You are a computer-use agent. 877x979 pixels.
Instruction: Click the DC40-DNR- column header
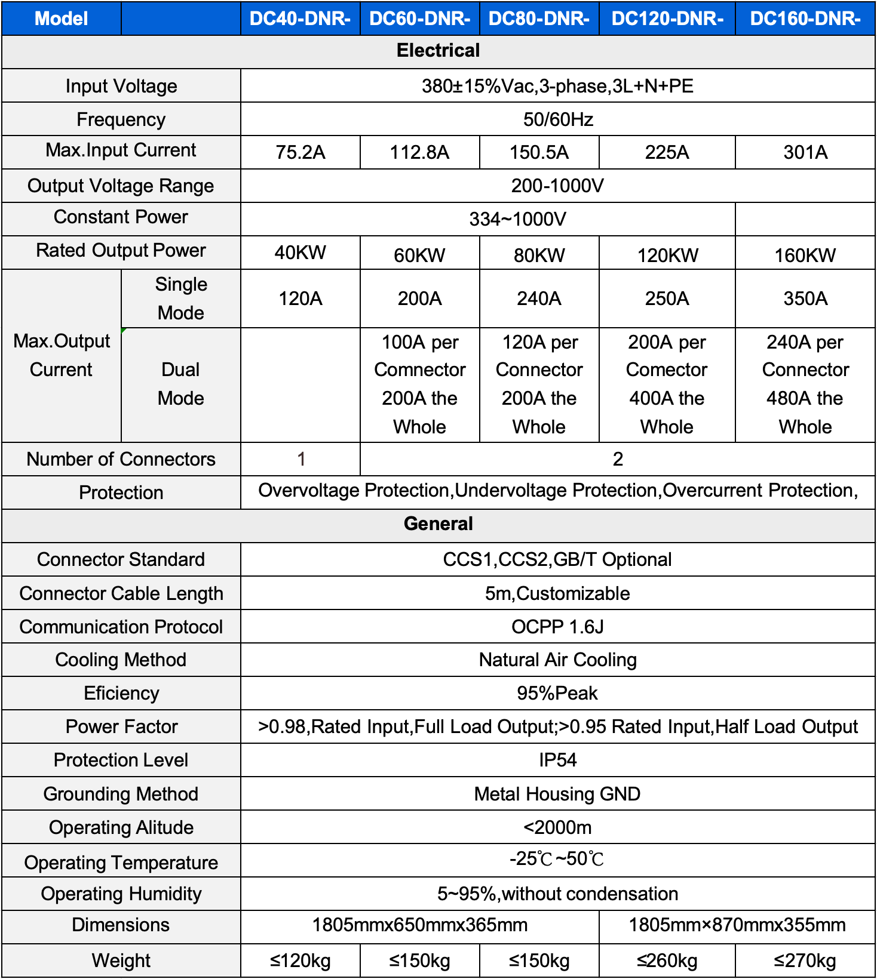[x=300, y=19]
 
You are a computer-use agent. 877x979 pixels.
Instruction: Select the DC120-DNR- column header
[x=667, y=19]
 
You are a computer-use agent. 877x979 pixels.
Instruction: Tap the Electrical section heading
[x=438, y=51]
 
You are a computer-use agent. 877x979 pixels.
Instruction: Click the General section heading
[x=438, y=524]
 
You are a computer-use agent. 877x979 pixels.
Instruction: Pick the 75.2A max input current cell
[x=300, y=152]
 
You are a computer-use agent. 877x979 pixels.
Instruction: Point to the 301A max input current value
[x=805, y=152]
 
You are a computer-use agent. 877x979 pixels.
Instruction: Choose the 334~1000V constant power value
[x=517, y=219]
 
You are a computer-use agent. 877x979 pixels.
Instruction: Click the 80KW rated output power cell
[x=539, y=255]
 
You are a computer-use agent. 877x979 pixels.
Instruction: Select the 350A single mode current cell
[x=805, y=298]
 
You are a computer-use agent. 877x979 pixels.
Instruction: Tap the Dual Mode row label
[x=180, y=384]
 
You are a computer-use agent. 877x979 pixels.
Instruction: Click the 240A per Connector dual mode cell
[x=805, y=384]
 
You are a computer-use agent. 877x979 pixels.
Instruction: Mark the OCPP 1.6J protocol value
[x=557, y=627]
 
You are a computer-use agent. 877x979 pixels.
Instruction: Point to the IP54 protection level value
[x=557, y=760]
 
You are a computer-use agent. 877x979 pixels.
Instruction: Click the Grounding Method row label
[x=121, y=794]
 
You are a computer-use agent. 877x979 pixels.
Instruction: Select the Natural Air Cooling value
[x=557, y=660]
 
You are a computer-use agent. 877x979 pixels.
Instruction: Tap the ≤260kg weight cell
[x=667, y=960]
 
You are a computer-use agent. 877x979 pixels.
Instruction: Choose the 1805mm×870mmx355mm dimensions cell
[x=737, y=925]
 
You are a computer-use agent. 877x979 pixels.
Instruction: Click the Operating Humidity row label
[x=121, y=894]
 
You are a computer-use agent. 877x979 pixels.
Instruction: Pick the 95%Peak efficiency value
[x=557, y=693]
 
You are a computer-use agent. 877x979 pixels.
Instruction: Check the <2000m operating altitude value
[x=557, y=827]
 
